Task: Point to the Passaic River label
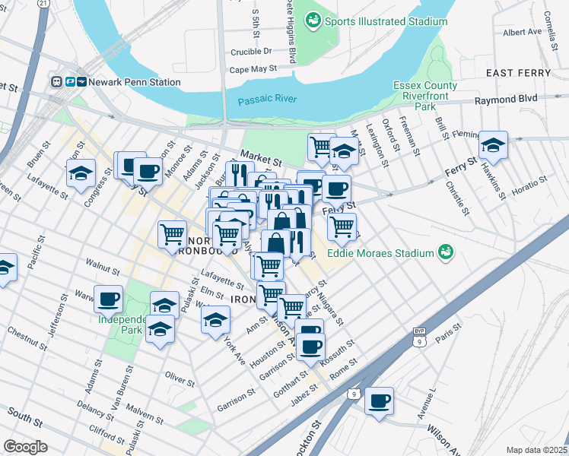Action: [265, 100]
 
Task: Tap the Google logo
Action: [25, 446]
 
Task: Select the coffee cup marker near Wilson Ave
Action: [379, 401]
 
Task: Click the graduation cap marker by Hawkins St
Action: [493, 145]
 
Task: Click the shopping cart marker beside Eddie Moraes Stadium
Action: [342, 225]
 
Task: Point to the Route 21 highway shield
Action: [44, 4]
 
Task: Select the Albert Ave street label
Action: [522, 32]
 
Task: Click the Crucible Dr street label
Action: [251, 52]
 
